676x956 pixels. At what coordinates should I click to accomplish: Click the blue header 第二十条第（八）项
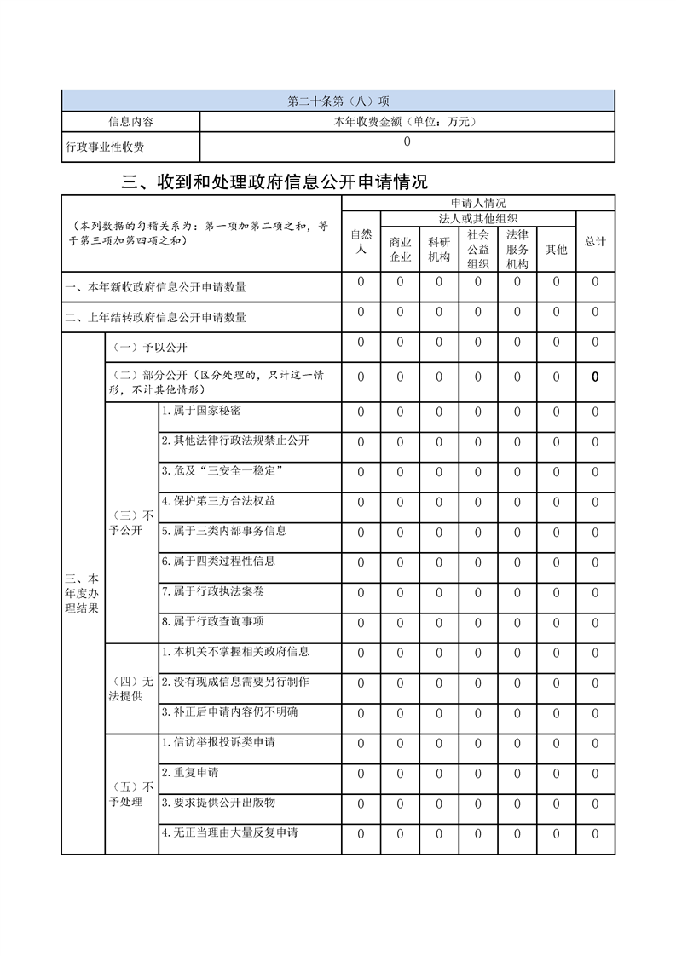tap(338, 101)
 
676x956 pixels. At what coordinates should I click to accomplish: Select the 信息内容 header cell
tap(130, 122)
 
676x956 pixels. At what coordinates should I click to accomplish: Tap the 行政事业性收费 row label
tap(105, 147)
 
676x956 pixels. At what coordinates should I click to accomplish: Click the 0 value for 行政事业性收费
tap(407, 142)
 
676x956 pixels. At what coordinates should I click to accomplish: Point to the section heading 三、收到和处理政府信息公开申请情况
tap(275, 181)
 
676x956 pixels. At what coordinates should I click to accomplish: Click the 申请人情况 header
tap(477, 203)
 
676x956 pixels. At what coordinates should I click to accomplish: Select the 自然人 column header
tap(361, 241)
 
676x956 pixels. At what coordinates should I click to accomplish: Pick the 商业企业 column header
tap(400, 249)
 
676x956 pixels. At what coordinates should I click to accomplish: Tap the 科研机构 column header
tap(439, 249)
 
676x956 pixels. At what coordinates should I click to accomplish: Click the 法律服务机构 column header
tap(517, 249)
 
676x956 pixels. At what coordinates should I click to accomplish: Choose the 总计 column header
tap(595, 241)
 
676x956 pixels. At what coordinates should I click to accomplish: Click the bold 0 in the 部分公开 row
tap(595, 377)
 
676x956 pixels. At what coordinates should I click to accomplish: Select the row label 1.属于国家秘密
tap(201, 411)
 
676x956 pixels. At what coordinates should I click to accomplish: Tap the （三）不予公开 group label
tap(131, 524)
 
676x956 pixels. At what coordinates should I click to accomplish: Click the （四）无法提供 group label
tap(131, 689)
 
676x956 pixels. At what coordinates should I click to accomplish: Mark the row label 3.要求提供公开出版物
tap(219, 803)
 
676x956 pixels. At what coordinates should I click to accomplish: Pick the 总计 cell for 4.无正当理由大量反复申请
tap(595, 834)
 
